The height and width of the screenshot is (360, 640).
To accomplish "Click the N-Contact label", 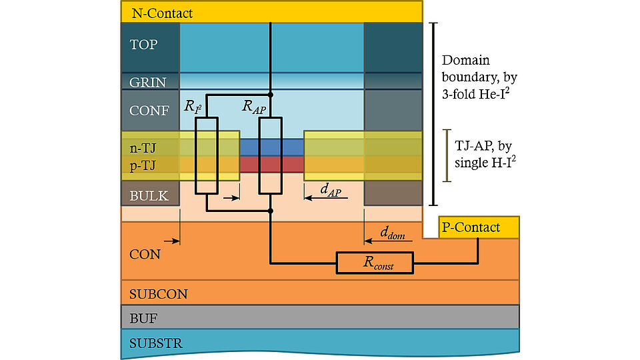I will [163, 13].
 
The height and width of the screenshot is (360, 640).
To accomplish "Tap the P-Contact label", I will [471, 227].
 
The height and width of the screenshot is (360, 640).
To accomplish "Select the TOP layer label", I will [143, 45].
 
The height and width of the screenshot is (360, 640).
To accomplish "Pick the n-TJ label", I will [143, 149].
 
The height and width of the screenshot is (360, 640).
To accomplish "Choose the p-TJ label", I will [143, 166].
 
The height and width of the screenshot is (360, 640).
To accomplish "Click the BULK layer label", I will [149, 196].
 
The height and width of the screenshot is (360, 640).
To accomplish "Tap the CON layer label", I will [145, 254].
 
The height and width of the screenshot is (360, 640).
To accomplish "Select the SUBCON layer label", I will [158, 293].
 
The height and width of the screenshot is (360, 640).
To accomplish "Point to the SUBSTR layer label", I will [156, 343].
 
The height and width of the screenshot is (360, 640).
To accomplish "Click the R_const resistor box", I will [374, 263].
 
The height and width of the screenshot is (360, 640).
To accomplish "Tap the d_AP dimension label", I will [330, 190].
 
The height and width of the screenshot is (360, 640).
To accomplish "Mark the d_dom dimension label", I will [394, 232].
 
